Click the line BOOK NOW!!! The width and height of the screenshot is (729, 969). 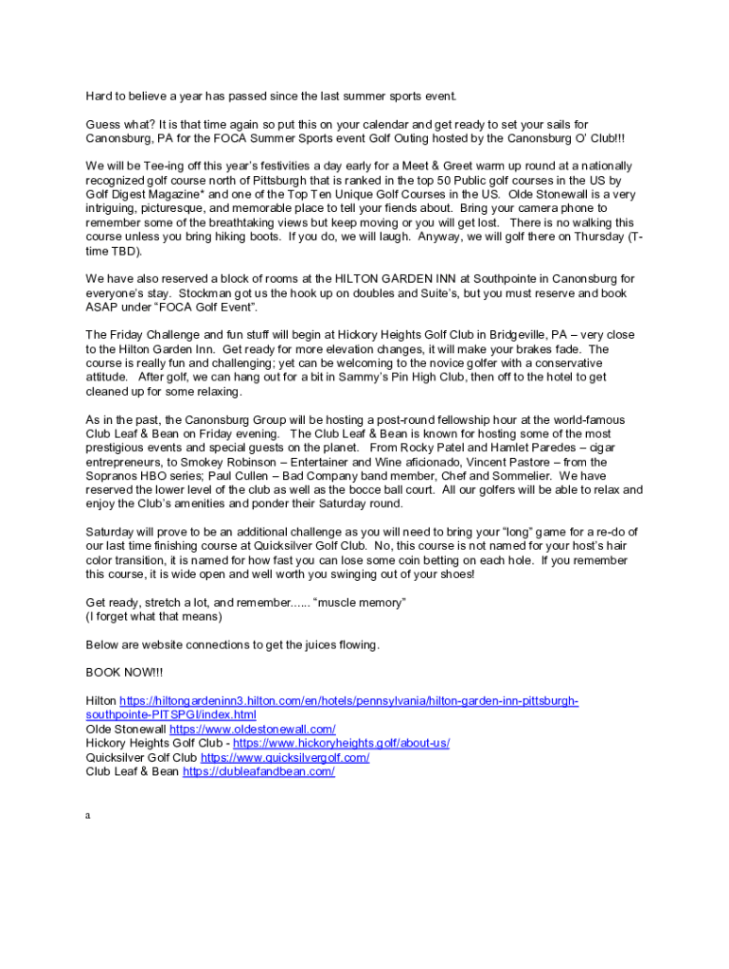[x=124, y=673]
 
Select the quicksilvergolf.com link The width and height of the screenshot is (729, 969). [x=285, y=757]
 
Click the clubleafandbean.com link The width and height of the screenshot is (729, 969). [x=258, y=771]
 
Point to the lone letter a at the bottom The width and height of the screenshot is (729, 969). [x=88, y=814]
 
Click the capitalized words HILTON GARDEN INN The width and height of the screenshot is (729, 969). [x=397, y=279]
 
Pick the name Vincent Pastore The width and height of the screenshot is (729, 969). [x=524, y=462]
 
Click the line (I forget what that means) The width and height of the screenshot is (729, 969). [x=153, y=617]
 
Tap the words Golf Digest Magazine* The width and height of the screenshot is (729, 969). [x=141, y=194]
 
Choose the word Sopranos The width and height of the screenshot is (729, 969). [x=112, y=476]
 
